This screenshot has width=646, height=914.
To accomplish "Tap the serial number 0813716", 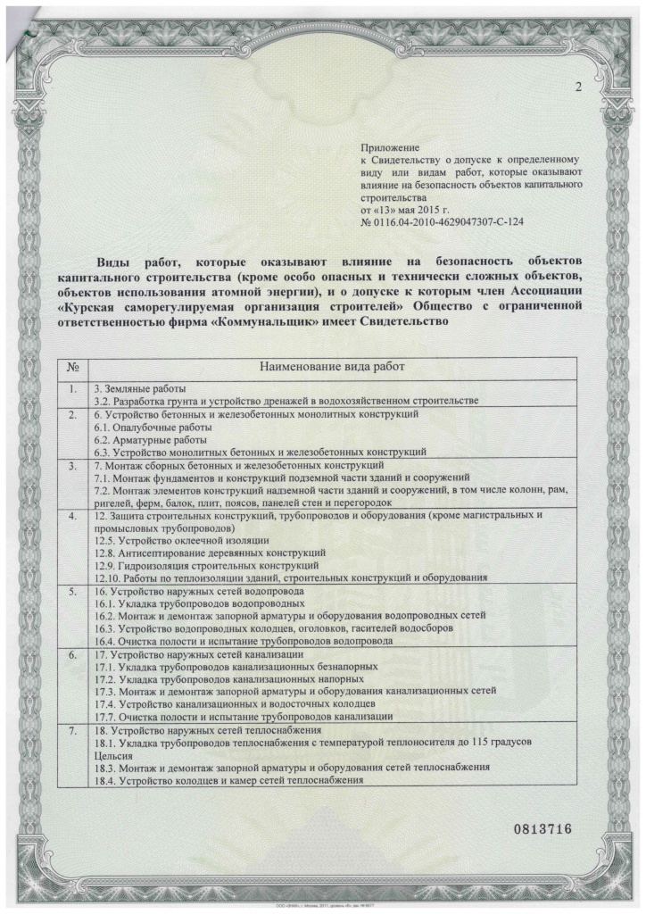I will click(x=541, y=828).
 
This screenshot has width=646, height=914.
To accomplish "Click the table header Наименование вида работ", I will click(x=330, y=366).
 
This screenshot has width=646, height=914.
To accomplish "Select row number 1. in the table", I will click(x=74, y=389).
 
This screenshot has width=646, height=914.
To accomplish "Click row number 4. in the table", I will click(x=74, y=516).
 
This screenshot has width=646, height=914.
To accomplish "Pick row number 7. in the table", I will click(x=74, y=731).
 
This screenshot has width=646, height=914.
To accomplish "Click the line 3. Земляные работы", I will click(x=140, y=389).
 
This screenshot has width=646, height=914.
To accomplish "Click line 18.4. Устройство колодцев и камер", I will click(x=228, y=780).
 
